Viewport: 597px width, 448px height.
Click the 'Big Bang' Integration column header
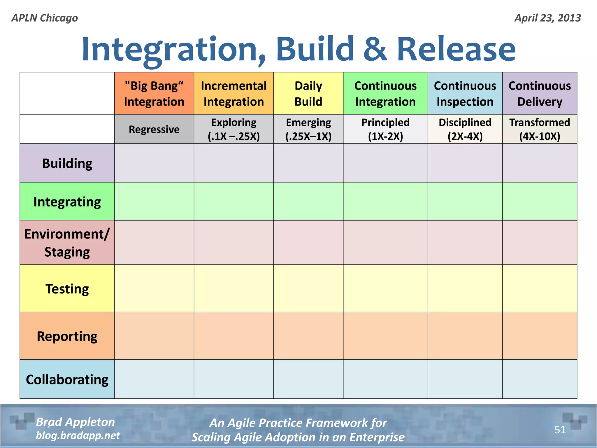[x=154, y=93]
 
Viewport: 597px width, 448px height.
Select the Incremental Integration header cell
[x=233, y=93]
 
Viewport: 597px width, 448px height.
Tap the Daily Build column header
[x=308, y=93]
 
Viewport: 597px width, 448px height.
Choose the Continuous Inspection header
[x=465, y=93]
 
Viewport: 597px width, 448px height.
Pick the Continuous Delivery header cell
[x=540, y=93]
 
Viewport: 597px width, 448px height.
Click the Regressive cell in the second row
[x=154, y=129]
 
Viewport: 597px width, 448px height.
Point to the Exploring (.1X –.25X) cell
[x=233, y=129]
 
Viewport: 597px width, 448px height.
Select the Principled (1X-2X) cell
[x=385, y=129]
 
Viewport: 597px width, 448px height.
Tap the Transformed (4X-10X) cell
[x=540, y=129]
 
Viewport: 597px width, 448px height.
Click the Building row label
[x=67, y=163]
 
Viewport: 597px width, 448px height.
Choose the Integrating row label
[x=67, y=202]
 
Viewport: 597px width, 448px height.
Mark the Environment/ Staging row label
[x=67, y=243]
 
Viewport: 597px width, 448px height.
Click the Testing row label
[x=67, y=289]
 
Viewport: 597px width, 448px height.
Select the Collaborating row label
[x=67, y=379]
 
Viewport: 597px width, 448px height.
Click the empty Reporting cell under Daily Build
[x=308, y=336]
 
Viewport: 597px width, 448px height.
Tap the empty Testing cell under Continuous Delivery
[x=540, y=288]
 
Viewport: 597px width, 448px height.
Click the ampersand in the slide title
[x=375, y=49]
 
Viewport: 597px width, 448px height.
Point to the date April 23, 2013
[x=547, y=18]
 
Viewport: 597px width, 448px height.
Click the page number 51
[x=560, y=430]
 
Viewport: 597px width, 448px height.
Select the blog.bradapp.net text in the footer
[x=78, y=435]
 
